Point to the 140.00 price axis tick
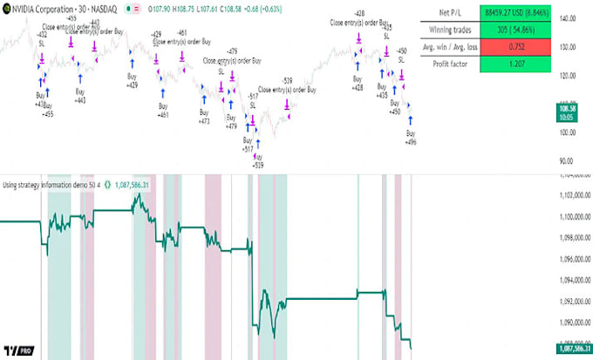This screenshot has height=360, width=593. click(572, 18)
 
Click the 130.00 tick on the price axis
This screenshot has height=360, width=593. click(572, 46)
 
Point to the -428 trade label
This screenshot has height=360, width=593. click(359, 15)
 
